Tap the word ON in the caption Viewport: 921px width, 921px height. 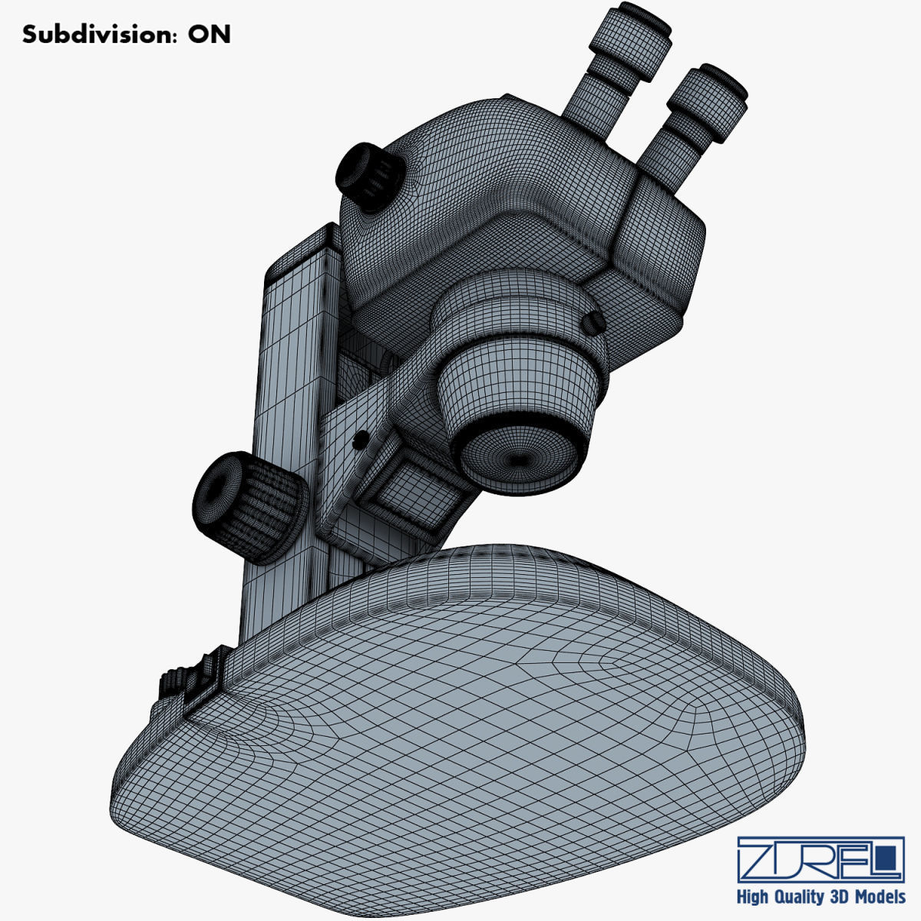point(209,35)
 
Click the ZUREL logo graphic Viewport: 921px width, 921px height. point(820,860)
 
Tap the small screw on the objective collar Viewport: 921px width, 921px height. point(592,325)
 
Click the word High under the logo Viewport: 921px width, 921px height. point(755,896)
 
